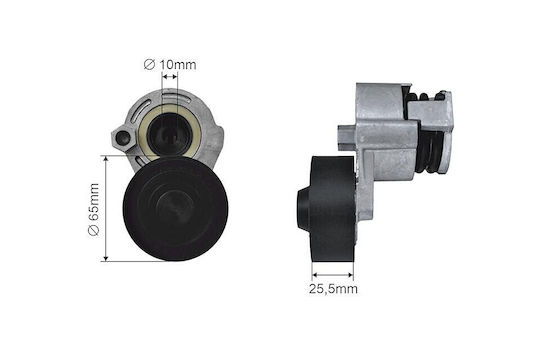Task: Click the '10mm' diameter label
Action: coord(178,64)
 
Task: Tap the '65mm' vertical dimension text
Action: coord(94,202)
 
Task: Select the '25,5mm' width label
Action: coord(333,289)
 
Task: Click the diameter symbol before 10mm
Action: coord(149,64)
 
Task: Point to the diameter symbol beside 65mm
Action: coord(94,230)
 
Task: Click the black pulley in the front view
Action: coord(175,209)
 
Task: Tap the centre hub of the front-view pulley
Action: coord(176,208)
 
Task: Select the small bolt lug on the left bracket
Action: coord(122,138)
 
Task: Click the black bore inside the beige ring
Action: coord(170,133)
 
